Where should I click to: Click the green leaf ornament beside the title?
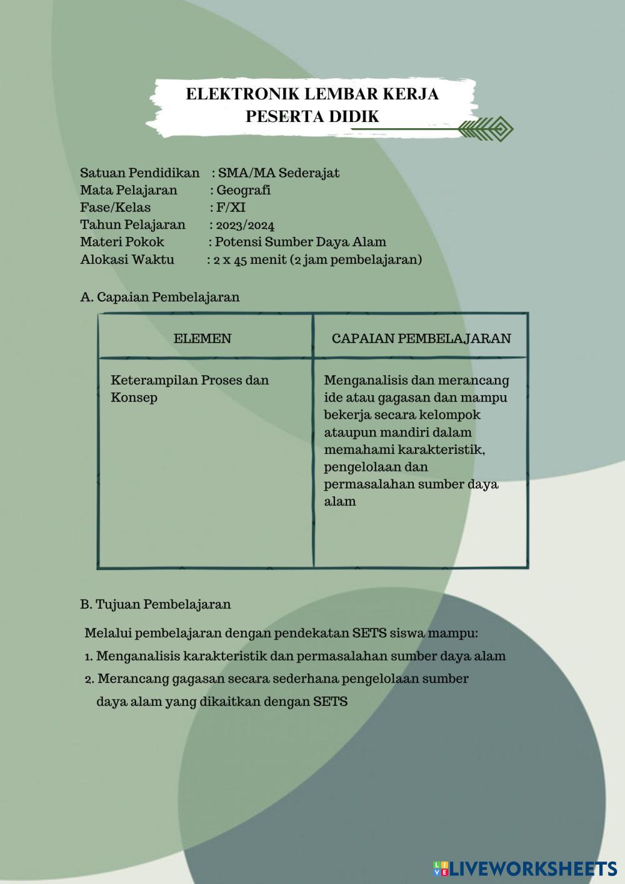tap(485, 129)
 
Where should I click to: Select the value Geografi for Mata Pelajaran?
tap(243, 190)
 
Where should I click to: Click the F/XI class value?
tap(231, 208)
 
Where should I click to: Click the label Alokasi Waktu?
tap(127, 259)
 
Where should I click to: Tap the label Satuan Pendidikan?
tap(139, 173)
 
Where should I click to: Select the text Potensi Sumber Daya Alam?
tap(301, 242)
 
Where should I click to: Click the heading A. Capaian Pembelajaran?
tap(160, 297)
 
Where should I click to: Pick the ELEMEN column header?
tap(202, 339)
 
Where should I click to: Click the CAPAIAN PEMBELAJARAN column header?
tap(421, 339)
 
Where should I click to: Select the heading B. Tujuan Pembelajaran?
tap(156, 605)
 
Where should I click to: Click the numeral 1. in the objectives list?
tap(89, 656)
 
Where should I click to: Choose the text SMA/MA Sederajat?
tap(279, 173)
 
